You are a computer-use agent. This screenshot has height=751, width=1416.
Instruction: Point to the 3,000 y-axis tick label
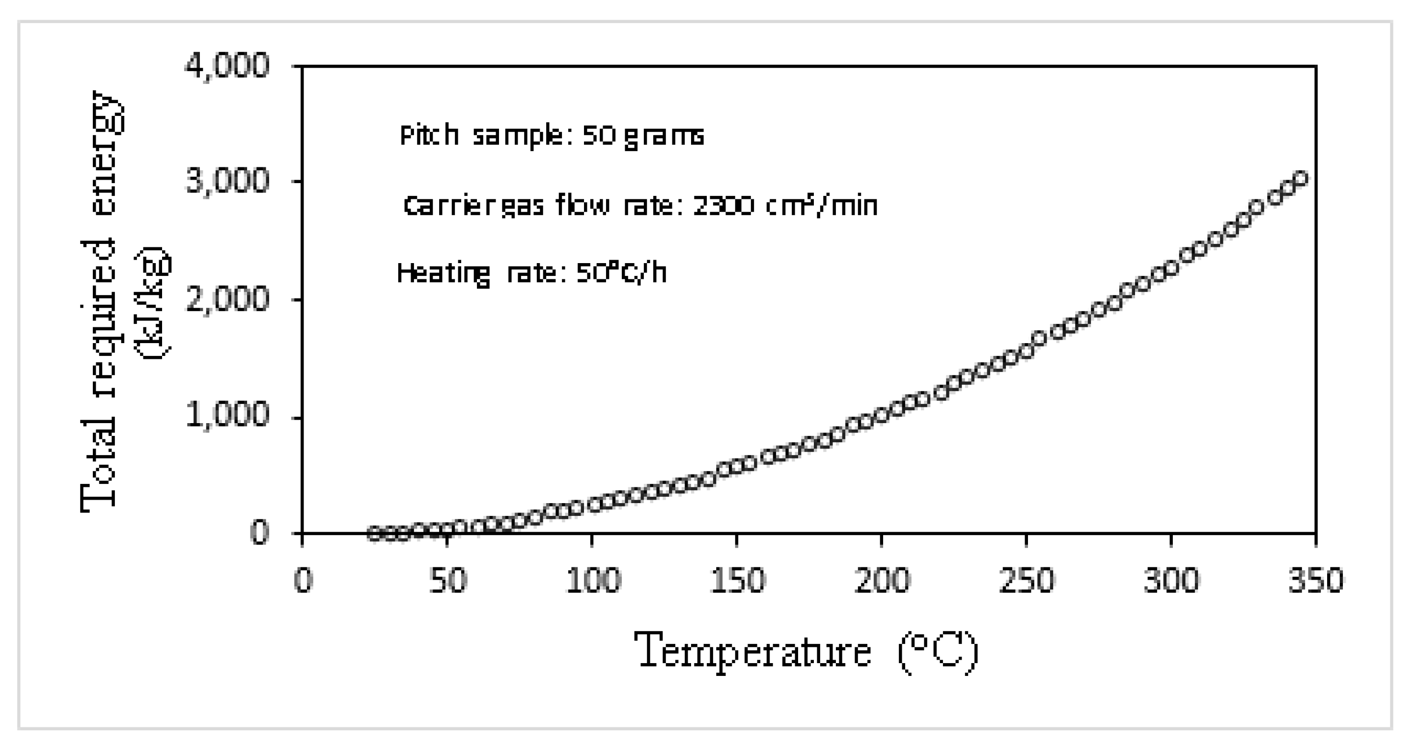(x=227, y=183)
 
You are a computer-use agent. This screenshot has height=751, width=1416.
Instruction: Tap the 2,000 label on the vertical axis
(x=227, y=300)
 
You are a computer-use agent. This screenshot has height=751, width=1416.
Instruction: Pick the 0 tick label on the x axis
(x=303, y=581)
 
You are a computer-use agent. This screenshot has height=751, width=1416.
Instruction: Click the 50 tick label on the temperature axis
(x=447, y=581)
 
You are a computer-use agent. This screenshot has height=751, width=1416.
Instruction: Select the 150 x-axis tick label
(x=737, y=581)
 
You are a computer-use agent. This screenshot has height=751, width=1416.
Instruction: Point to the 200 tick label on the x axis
(x=882, y=581)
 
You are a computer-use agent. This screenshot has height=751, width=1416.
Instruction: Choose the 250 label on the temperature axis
(x=1027, y=581)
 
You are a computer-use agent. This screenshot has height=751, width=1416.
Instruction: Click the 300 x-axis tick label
(x=1171, y=581)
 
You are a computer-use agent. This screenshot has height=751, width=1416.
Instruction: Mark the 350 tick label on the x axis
(x=1316, y=581)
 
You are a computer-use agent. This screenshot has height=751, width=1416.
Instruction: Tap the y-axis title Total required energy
(x=99, y=300)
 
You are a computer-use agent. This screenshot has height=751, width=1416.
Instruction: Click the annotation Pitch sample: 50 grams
(x=552, y=135)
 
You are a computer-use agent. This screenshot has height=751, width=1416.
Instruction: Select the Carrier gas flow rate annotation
(x=640, y=206)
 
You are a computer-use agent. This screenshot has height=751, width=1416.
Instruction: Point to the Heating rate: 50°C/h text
(x=531, y=273)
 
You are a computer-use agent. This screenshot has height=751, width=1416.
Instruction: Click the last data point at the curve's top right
(x=1301, y=179)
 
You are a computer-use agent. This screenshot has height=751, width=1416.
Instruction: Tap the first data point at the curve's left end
(x=374, y=533)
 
